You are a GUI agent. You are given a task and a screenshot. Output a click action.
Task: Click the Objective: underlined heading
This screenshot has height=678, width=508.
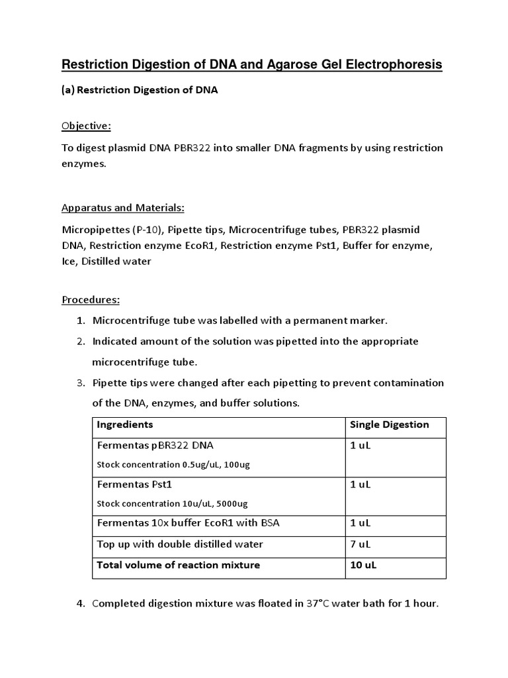[87, 126]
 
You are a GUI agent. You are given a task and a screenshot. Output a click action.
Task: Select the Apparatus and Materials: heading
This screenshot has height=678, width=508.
[123, 207]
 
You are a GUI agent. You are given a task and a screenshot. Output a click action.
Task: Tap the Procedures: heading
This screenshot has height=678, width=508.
[91, 300]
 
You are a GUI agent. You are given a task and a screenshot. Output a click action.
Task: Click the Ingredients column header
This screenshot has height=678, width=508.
[125, 424]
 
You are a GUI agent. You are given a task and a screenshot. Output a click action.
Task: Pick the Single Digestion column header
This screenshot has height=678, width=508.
[389, 424]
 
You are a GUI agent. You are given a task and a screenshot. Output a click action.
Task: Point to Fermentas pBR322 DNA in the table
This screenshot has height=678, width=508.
[155, 445]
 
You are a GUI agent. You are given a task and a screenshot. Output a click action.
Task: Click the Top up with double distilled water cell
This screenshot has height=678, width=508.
[180, 544]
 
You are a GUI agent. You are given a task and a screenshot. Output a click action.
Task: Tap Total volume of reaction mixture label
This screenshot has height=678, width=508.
[178, 565]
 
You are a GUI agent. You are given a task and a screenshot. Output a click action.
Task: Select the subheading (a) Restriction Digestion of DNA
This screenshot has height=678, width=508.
[140, 91]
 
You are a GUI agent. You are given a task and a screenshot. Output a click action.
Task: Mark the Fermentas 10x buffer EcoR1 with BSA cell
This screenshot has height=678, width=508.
[188, 523]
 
